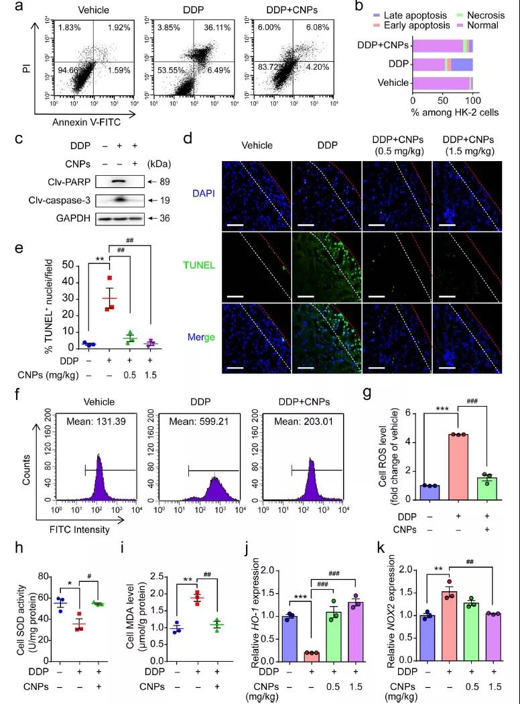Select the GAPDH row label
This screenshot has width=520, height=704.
pyautogui.click(x=74, y=218)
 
